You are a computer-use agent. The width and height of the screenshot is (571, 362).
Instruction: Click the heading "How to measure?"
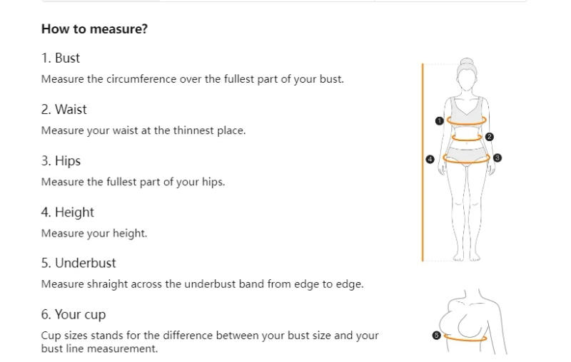pos(94,29)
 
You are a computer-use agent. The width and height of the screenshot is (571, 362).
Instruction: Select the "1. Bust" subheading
pos(61,58)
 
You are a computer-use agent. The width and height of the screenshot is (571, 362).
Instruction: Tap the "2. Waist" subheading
pos(64,110)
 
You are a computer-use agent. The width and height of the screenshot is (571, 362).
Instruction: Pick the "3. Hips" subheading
pos(61,161)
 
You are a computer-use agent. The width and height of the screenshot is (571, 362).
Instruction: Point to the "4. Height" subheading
pos(67,212)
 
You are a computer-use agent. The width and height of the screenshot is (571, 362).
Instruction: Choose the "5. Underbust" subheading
pos(79,263)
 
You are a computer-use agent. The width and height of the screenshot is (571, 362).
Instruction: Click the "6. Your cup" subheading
pos(74,315)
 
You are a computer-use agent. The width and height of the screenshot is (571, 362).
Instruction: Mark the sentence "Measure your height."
pos(94,233)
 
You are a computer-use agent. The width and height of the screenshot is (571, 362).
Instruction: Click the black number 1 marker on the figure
pos(440,121)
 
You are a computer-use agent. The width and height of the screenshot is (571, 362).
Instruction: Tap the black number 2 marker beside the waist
pos(489,137)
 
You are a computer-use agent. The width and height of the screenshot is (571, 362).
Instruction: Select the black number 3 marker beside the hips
pos(497,157)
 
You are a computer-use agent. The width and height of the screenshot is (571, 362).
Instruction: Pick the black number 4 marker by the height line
pos(430,159)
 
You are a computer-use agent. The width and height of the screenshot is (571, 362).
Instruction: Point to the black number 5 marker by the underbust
pos(437,335)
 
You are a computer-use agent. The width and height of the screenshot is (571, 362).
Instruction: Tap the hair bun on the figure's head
pos(467,63)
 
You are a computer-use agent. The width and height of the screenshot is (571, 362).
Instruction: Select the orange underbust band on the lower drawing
pos(468,338)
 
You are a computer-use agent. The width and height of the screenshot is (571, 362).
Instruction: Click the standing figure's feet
pos(467,256)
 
